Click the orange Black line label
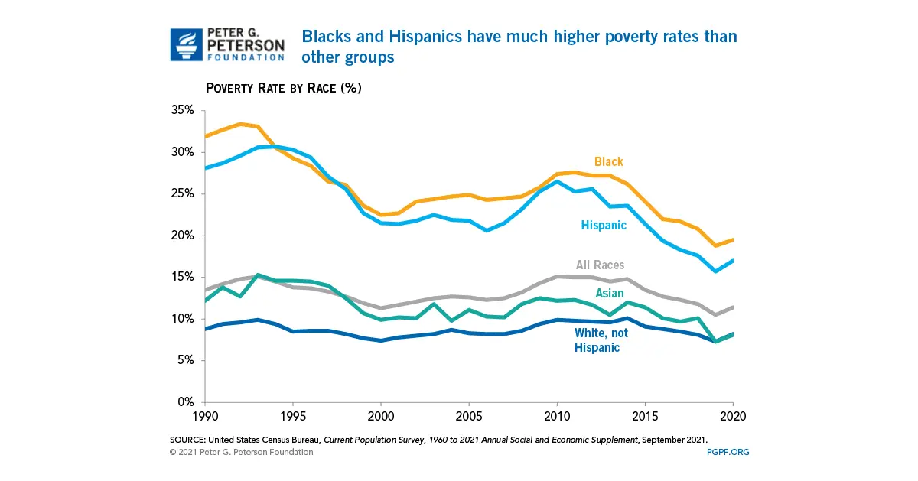tap(609, 162)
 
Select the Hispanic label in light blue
tap(603, 226)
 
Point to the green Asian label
tap(609, 294)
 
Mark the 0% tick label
tap(186, 402)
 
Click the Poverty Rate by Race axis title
tap(283, 88)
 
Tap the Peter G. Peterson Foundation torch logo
tap(184, 45)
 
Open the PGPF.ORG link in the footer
tap(728, 452)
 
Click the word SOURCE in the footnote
tap(187, 440)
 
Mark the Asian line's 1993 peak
tap(258, 275)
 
